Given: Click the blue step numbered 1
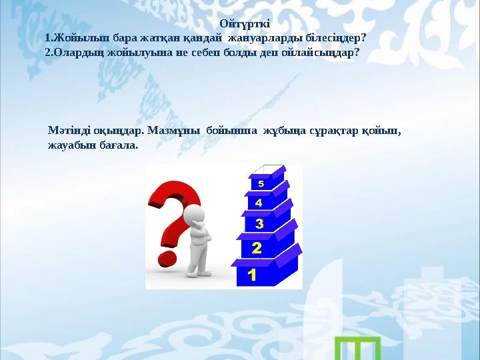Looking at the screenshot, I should tap(251, 274).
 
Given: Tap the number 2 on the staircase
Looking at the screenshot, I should tap(255, 248).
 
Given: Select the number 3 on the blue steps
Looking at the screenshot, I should tap(258, 223).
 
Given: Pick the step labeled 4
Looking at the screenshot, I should tap(259, 201).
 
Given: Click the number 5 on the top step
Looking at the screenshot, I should tap(261, 183).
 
